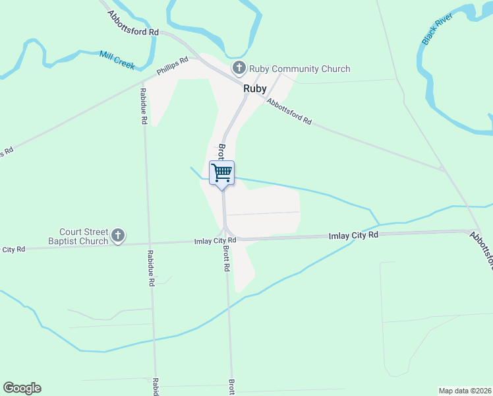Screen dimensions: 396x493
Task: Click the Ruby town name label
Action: click(255, 88)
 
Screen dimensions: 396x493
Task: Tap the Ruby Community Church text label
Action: click(299, 69)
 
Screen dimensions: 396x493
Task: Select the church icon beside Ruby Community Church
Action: click(239, 68)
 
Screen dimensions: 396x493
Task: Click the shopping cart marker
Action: click(222, 173)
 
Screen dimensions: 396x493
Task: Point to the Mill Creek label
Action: click(117, 60)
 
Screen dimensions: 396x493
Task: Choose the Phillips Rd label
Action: click(173, 66)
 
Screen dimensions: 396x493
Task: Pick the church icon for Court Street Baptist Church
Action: click(118, 236)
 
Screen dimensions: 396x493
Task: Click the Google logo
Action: click(22, 388)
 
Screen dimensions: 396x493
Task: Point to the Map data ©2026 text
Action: click(465, 391)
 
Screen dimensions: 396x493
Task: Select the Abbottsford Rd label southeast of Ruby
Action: click(289, 110)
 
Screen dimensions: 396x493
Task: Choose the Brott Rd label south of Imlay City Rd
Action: click(226, 259)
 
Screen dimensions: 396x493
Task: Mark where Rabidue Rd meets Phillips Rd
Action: click(142, 83)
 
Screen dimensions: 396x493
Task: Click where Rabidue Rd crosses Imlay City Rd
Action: click(149, 243)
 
